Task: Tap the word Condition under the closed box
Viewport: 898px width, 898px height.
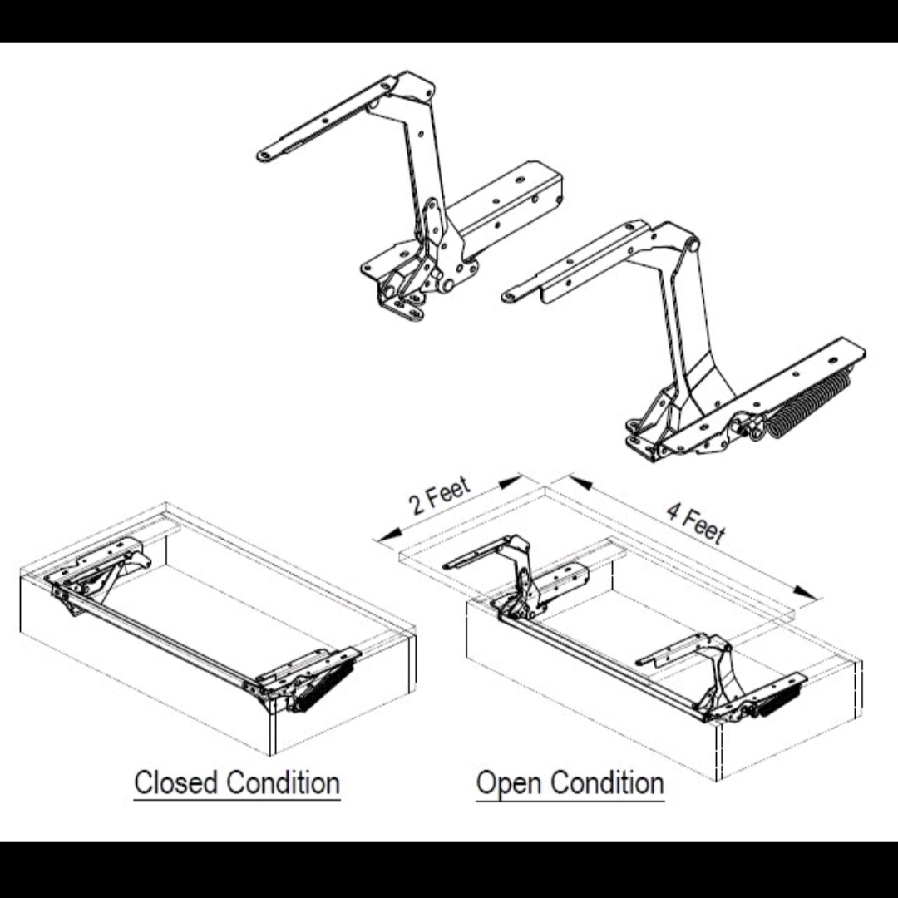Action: coord(284,783)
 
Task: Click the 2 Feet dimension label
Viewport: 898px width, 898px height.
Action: coord(440,496)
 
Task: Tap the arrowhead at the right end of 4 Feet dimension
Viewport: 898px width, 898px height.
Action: coord(805,591)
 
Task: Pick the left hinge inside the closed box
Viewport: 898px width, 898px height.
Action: coord(96,574)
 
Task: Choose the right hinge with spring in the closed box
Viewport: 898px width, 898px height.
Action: coord(312,678)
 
